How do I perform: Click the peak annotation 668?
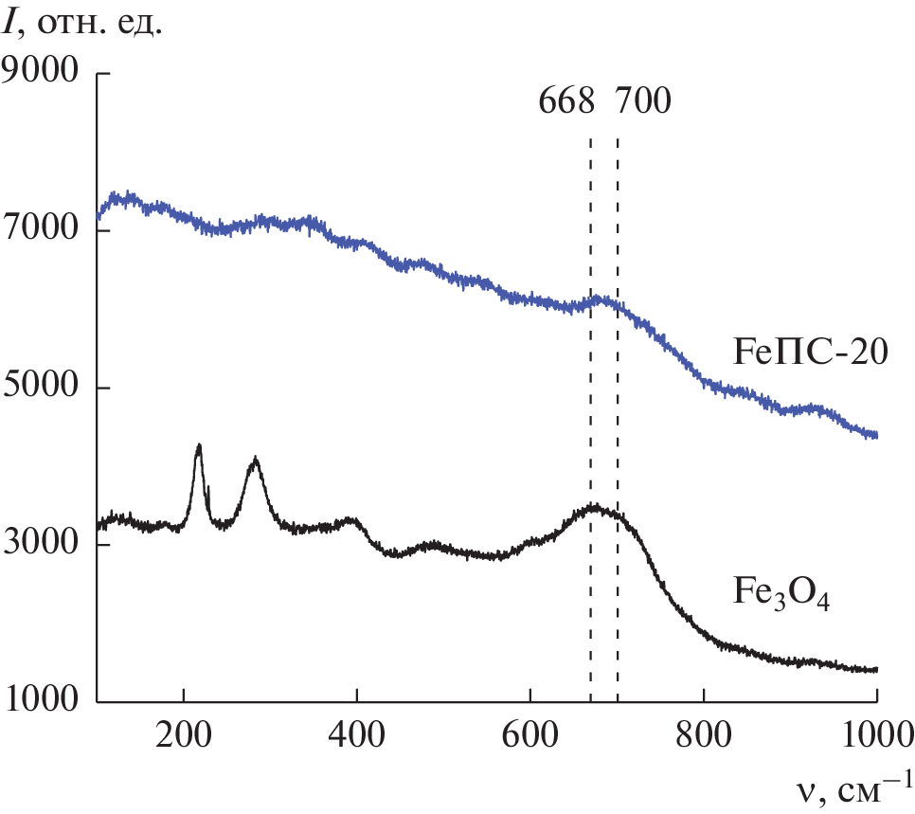point(566,99)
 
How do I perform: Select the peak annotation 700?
point(642,99)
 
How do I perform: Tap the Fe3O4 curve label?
point(780,594)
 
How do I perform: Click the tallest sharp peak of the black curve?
point(199,444)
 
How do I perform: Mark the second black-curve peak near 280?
point(255,459)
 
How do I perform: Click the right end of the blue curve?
point(876,435)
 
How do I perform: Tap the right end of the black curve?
point(876,669)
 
